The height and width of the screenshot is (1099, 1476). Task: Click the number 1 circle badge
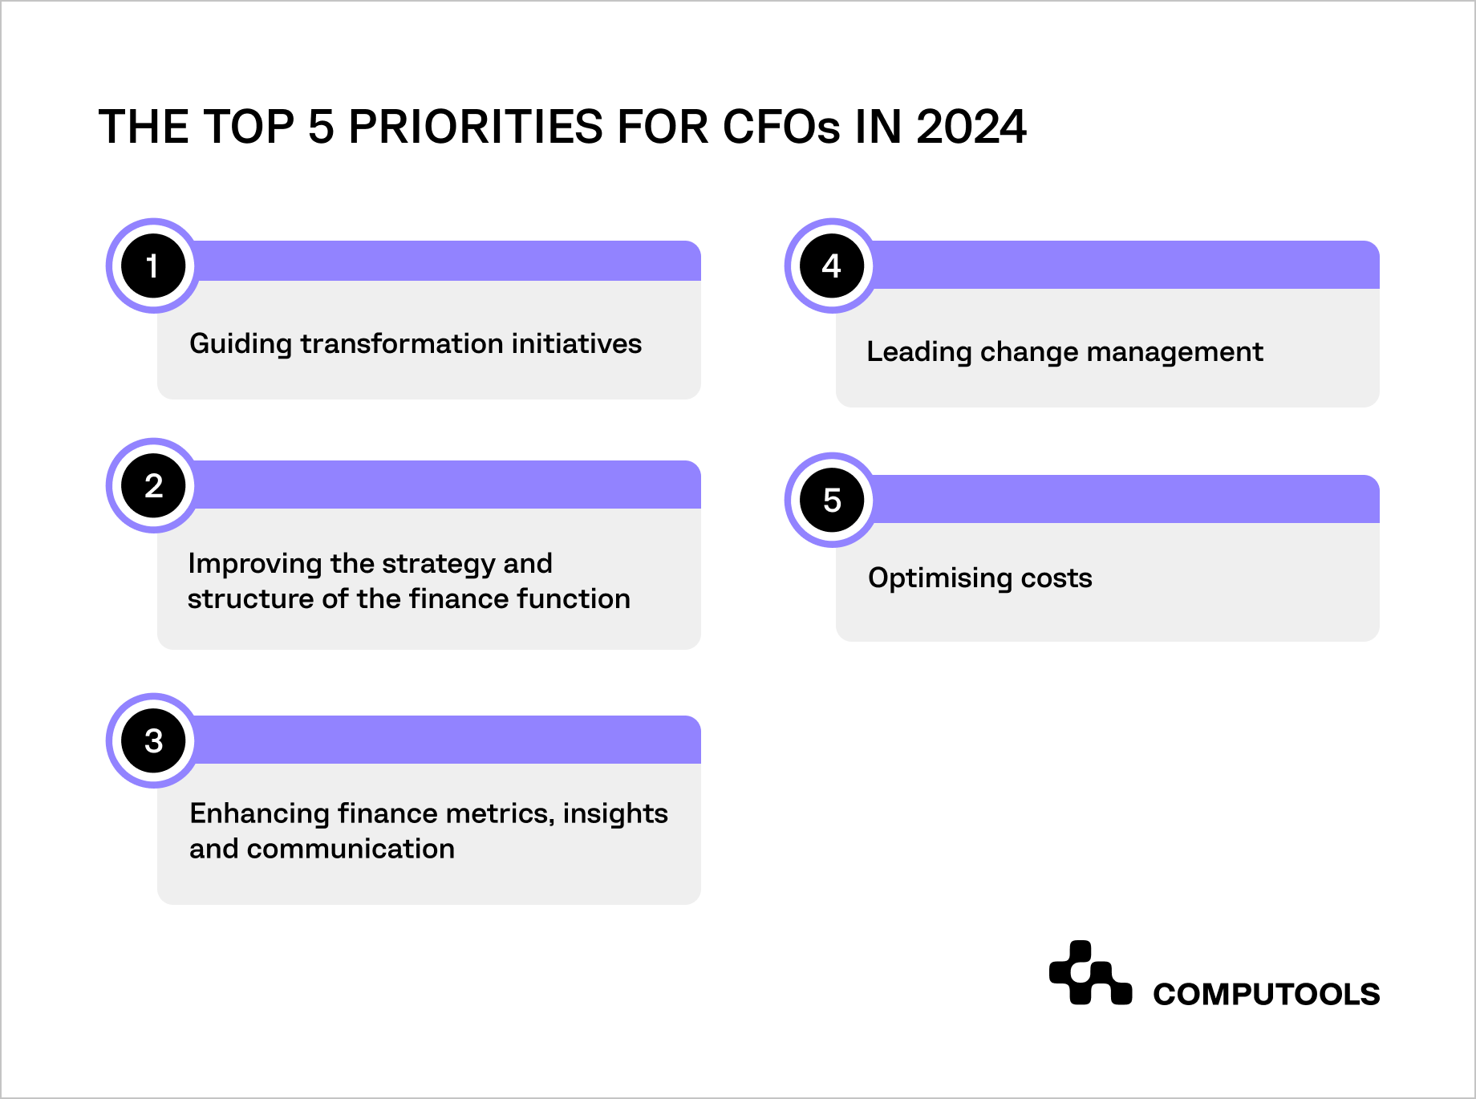[152, 266]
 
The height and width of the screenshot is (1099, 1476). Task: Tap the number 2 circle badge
[152, 485]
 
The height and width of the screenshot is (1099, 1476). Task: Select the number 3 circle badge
[152, 740]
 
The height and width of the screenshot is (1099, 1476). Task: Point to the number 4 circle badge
[831, 266]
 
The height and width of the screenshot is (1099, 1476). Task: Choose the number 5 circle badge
[831, 500]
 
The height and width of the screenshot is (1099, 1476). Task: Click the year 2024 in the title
[971, 128]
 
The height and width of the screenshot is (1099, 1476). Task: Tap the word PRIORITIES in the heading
[475, 128]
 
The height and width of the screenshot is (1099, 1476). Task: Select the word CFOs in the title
[781, 128]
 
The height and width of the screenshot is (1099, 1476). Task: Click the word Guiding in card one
[241, 344]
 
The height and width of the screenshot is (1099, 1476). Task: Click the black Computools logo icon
[1089, 973]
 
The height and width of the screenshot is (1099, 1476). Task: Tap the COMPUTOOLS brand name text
[1266, 995]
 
